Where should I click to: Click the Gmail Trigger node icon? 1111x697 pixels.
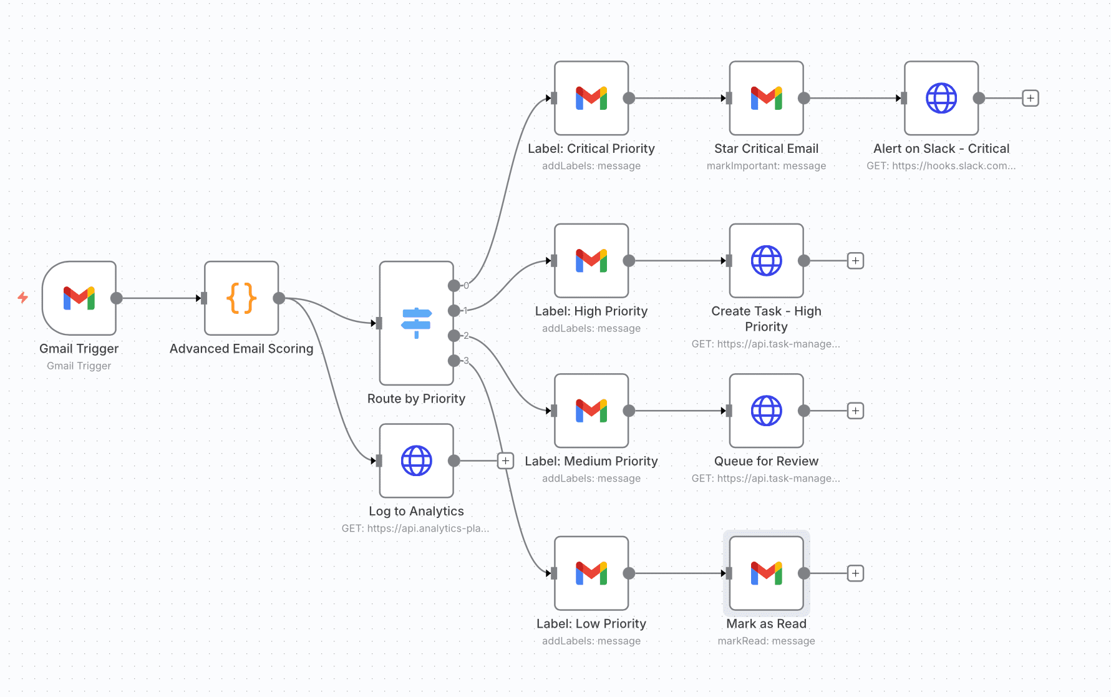[79, 298]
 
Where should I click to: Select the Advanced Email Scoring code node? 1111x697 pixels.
[241, 298]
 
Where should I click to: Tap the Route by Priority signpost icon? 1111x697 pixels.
[416, 323]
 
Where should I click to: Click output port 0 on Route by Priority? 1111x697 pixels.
[454, 286]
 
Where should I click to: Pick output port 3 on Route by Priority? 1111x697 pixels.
[454, 361]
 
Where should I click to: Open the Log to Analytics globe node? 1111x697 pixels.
[416, 461]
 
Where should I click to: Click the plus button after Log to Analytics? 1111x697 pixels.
[505, 461]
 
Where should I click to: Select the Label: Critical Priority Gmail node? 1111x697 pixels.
[591, 98]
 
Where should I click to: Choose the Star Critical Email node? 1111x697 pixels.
[766, 98]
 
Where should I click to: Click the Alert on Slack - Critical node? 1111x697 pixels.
[941, 98]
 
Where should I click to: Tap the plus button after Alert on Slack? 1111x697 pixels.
[1031, 98]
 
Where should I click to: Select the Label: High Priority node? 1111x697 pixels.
[591, 261]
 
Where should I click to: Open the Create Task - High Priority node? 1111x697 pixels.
[766, 261]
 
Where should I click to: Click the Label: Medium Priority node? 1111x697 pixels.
[591, 411]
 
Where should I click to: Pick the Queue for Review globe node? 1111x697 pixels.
[766, 411]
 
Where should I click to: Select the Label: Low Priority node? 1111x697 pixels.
[591, 573]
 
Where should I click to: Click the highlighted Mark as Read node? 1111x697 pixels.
[766, 573]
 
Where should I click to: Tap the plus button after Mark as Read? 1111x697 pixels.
[855, 573]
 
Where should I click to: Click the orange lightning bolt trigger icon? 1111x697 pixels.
[22, 298]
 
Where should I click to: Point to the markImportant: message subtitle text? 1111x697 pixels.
[766, 166]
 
